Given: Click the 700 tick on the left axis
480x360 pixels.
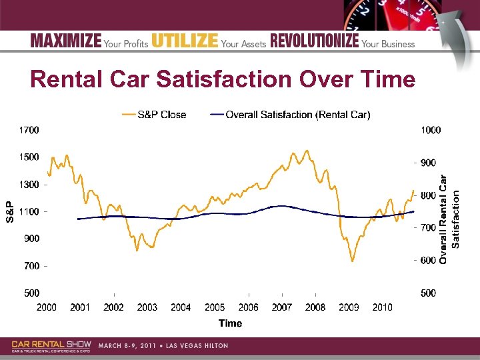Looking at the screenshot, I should point(31,266).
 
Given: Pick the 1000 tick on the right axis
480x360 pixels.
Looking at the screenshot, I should point(431,130).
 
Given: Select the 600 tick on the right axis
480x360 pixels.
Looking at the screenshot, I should point(428,260).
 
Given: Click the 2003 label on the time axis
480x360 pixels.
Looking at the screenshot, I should point(147,307).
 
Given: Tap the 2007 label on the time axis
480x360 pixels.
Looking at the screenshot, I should point(281,307).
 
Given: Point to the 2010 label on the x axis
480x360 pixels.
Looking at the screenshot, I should point(382,307).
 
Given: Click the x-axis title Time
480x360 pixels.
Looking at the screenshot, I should point(230,323).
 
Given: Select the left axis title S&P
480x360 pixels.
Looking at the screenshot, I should point(10,211).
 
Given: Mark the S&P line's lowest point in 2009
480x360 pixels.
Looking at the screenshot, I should point(353,261).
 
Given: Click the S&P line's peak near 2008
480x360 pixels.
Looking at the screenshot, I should point(307,151).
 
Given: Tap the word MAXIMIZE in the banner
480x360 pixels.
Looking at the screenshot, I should point(65,41).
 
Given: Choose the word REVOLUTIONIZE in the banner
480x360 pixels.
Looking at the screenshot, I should point(314,41).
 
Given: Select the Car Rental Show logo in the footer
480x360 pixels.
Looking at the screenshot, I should point(51,345).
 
